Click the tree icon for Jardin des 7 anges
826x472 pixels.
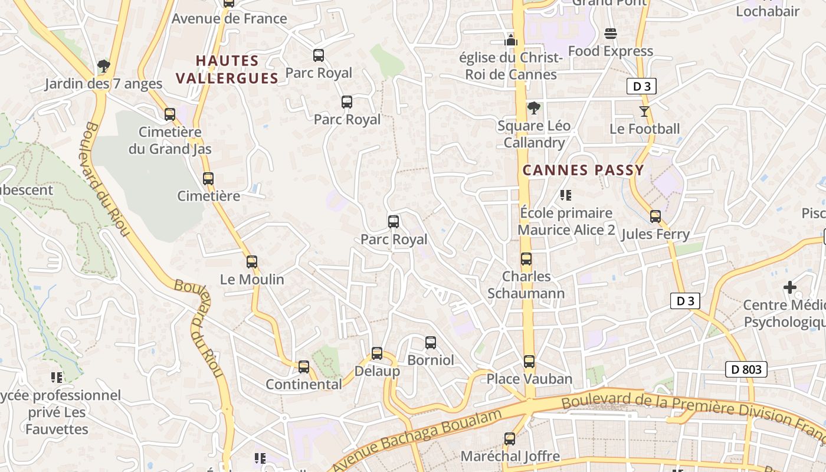(x=104, y=65)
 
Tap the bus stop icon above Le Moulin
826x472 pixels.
(x=252, y=261)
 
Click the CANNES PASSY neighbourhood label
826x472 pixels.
(x=583, y=171)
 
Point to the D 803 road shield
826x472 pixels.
(x=746, y=370)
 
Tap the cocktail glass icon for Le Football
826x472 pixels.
(x=644, y=111)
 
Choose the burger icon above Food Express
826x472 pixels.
(x=611, y=34)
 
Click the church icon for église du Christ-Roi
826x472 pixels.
(x=511, y=40)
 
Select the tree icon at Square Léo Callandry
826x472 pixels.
(x=534, y=108)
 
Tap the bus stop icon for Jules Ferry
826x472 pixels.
(x=655, y=217)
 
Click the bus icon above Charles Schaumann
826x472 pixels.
(x=526, y=259)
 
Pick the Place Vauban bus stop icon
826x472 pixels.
(x=529, y=361)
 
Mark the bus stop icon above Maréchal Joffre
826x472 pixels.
(x=510, y=439)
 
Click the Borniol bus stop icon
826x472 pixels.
(x=431, y=343)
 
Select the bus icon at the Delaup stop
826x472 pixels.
(x=377, y=353)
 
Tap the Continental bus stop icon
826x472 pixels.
(x=304, y=367)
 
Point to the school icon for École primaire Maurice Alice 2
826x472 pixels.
(x=566, y=195)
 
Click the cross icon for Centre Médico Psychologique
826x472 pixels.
(x=790, y=287)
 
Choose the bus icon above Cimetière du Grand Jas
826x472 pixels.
(x=170, y=114)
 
